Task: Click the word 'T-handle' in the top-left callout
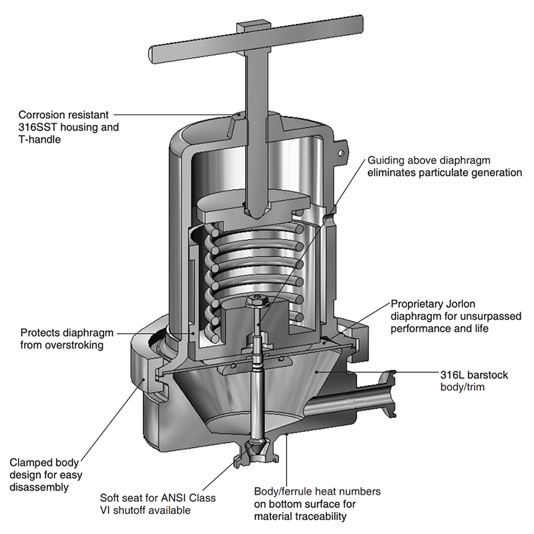coord(39,139)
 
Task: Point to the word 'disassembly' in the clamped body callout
coord(39,487)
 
